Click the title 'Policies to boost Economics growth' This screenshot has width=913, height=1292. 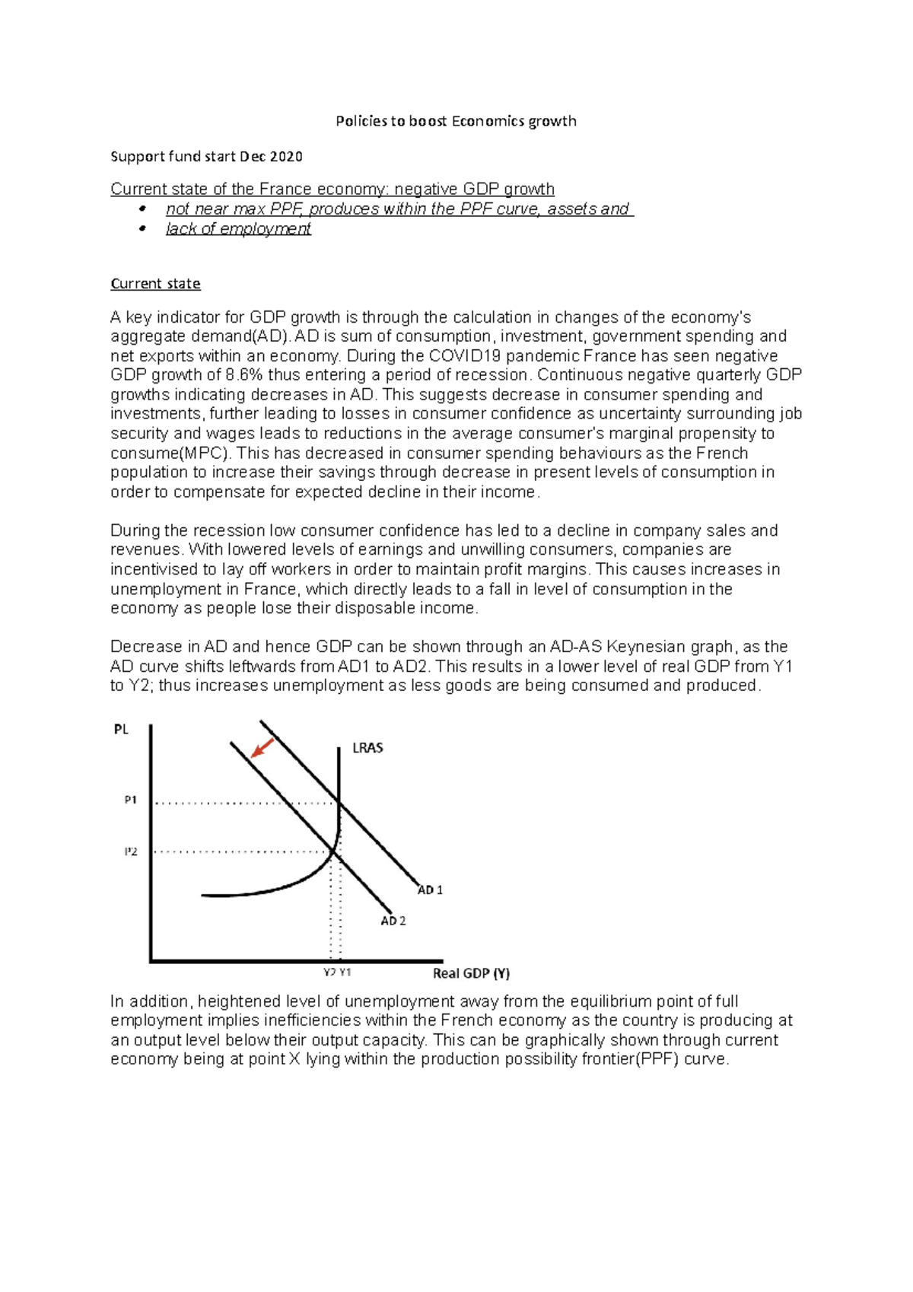click(x=456, y=121)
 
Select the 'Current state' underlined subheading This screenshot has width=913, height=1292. click(x=155, y=284)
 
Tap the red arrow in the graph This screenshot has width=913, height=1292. click(x=262, y=748)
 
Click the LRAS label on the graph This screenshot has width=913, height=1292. click(x=367, y=748)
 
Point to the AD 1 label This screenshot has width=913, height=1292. click(x=430, y=889)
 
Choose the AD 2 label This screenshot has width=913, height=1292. click(x=393, y=921)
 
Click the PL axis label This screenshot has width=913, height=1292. click(x=121, y=729)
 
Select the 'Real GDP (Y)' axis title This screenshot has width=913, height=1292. click(x=471, y=973)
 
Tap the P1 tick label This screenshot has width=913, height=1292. click(x=131, y=800)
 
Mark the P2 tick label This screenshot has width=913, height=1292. click(x=131, y=851)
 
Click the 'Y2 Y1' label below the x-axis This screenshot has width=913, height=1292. click(x=337, y=972)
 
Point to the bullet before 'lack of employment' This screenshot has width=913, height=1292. click(x=142, y=228)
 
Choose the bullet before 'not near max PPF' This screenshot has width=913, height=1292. click(x=142, y=208)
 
